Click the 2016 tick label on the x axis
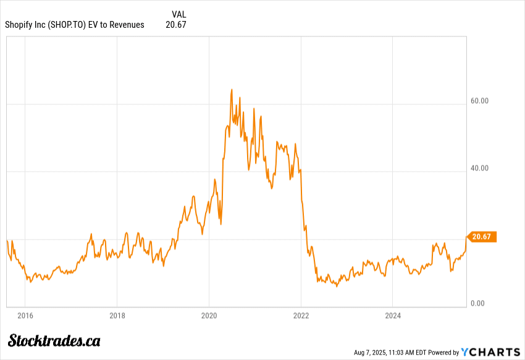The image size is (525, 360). (25, 316)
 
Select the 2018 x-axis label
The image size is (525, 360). (117, 316)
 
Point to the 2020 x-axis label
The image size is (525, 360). (209, 316)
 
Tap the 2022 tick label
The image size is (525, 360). (301, 316)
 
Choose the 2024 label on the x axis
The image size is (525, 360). (393, 316)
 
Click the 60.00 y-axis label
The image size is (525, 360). (479, 101)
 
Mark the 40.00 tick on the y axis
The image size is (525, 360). (479, 168)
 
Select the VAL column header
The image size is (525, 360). (178, 14)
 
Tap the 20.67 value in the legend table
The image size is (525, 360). (176, 25)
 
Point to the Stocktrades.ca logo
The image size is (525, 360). (54, 340)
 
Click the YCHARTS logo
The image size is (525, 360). (491, 352)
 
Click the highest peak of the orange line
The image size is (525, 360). (232, 90)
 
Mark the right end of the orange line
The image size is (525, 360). (466, 237)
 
